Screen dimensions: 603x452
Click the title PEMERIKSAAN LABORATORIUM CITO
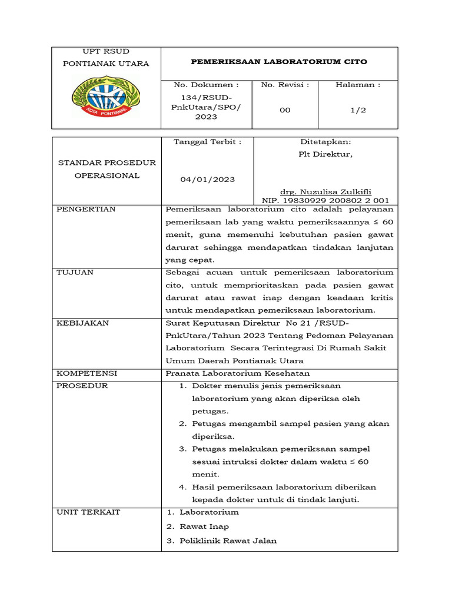coord(280,61)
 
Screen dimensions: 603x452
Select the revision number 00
coord(285,110)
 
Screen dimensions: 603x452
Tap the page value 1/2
coord(358,110)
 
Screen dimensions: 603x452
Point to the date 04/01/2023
coord(207,180)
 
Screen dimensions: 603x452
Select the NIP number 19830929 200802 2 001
coord(325,200)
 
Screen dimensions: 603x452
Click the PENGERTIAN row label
coord(86,209)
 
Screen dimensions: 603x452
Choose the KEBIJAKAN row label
coord(82,323)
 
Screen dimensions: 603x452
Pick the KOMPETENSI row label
coord(87,373)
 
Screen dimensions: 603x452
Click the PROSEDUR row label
coord(82,386)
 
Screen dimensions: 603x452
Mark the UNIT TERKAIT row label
coord(88,512)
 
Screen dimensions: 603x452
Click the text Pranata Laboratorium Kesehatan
coord(238,373)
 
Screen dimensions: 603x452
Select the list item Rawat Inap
coord(204,526)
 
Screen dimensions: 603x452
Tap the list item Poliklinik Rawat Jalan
coord(228,541)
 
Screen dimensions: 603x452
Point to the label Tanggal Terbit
coord(207,141)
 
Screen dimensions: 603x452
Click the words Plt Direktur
coord(325,154)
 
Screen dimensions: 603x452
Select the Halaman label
coord(358,85)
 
